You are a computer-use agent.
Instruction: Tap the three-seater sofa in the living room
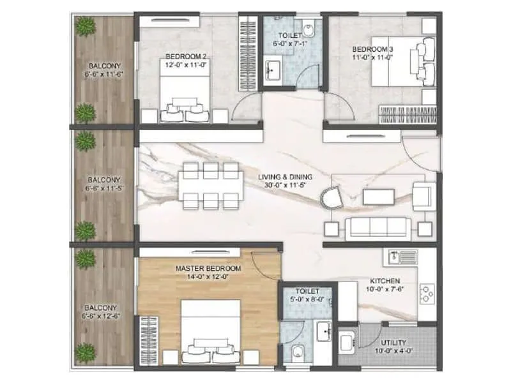point(378,228)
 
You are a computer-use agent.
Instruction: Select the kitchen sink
point(400,257)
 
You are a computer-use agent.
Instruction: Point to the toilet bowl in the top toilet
point(309,28)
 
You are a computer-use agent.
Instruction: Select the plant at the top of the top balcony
point(84,27)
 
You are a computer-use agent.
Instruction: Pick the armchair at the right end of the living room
point(423,195)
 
